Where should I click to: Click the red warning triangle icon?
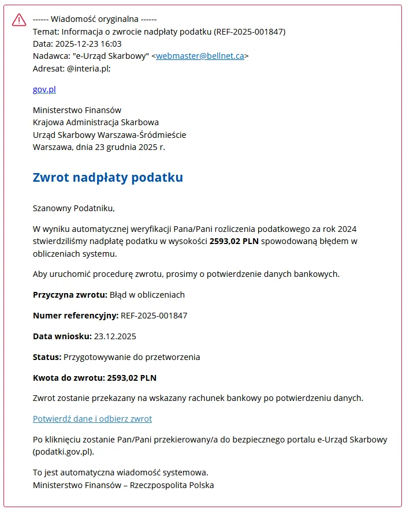[19, 20]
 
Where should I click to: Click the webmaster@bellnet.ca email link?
[200, 56]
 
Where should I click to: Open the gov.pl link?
[44, 89]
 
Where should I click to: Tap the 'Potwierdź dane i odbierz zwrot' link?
[92, 419]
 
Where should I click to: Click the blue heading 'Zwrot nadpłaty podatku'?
[108, 177]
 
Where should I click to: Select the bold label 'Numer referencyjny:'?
[75, 316]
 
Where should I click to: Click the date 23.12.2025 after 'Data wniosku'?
[115, 336]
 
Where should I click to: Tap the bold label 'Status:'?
[47, 357]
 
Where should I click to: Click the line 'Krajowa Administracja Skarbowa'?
[96, 122]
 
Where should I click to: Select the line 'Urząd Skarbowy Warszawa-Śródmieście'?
[110, 134]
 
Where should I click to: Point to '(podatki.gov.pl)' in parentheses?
[64, 452]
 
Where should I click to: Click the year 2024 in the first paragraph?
[353, 229]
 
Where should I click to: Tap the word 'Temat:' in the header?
[46, 32]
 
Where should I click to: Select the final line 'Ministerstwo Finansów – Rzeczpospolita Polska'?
[124, 485]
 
